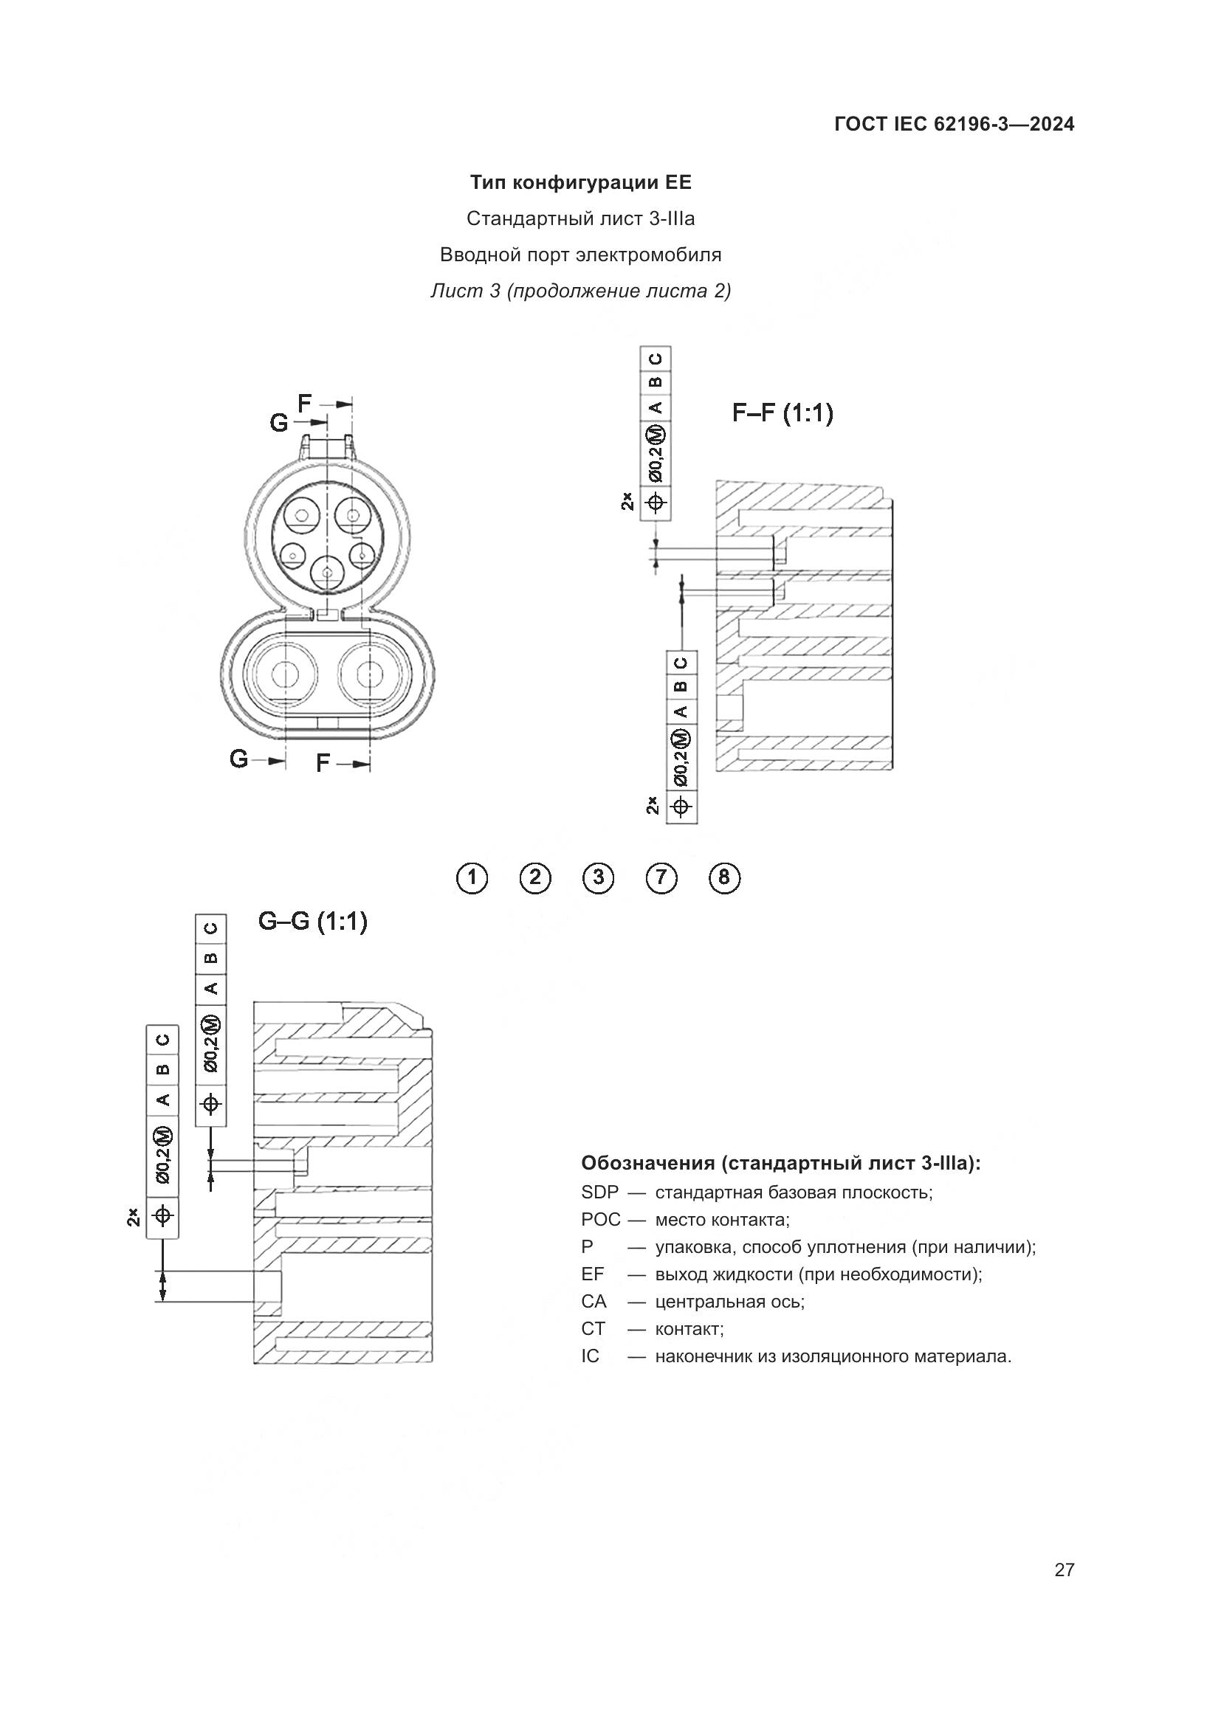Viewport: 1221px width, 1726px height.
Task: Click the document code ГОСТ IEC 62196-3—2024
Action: [x=953, y=124]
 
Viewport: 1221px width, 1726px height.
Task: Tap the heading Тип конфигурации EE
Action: [x=580, y=183]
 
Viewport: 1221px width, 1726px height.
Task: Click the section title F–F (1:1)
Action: [x=783, y=413]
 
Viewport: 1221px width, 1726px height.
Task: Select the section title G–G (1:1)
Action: [x=312, y=921]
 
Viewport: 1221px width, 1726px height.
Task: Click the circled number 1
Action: [x=472, y=878]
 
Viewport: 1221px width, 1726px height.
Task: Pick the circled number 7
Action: [x=661, y=878]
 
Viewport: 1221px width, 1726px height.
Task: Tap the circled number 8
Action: [x=724, y=878]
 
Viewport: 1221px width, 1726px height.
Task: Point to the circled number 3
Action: [x=598, y=878]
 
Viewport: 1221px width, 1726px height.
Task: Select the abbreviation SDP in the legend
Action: [x=599, y=1192]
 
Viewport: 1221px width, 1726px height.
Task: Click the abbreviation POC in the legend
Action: [x=600, y=1219]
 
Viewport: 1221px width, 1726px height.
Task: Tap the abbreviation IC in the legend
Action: [x=591, y=1356]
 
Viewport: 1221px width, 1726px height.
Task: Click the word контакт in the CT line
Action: [x=688, y=1329]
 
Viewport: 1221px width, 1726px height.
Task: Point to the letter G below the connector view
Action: [x=238, y=759]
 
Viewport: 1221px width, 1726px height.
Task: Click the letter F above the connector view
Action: [x=304, y=404]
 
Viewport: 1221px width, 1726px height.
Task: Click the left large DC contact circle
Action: [x=285, y=674]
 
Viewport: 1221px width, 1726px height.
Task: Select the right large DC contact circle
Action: [x=370, y=674]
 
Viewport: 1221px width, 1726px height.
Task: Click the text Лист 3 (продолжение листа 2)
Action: [x=580, y=291]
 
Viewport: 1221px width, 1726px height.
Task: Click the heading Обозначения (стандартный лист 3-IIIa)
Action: [x=780, y=1164]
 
